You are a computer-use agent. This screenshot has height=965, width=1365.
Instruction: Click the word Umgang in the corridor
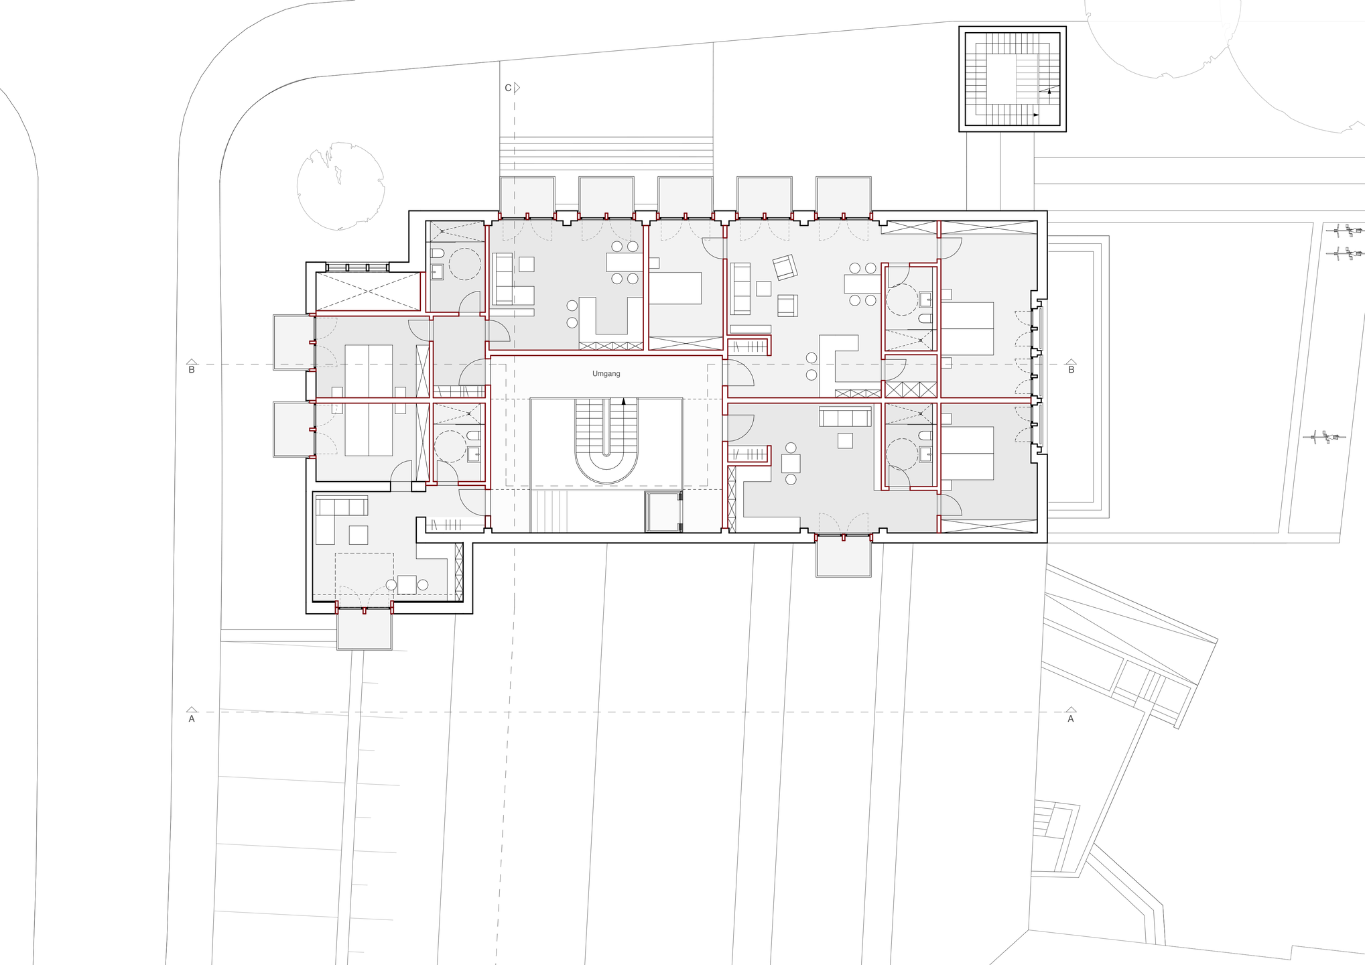(x=606, y=374)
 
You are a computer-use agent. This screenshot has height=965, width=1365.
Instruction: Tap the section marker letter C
(x=508, y=88)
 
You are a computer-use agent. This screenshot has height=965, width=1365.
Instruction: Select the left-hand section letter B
(x=192, y=370)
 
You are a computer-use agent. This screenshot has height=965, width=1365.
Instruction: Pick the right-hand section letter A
(x=1070, y=718)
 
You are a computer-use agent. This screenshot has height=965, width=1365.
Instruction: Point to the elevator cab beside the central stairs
(x=663, y=512)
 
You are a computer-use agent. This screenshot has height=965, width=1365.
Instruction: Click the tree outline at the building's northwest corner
(x=340, y=186)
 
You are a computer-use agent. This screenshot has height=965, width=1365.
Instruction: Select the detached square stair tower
(x=1012, y=79)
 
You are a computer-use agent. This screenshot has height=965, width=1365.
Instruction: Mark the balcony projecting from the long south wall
(x=843, y=556)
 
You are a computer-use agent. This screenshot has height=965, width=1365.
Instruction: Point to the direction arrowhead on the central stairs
(x=624, y=401)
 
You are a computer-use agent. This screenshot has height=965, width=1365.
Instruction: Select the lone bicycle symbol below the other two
(x=1323, y=438)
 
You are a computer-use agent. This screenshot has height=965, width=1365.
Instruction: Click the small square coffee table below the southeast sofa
(x=845, y=440)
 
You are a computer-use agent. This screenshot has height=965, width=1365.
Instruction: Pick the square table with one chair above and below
(x=791, y=463)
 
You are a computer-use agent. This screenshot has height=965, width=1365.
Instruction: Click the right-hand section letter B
(x=1071, y=370)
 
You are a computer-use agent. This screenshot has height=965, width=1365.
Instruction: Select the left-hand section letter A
(x=192, y=718)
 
